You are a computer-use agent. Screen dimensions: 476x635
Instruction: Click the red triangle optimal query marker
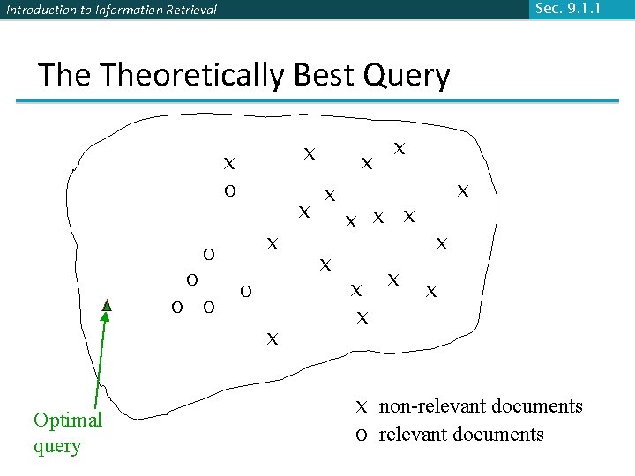tap(107, 305)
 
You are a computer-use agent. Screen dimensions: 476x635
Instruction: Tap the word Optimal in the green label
tap(68, 420)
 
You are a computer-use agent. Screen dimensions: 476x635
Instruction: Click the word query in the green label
tap(57, 446)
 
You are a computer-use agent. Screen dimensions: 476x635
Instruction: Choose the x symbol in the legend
tap(361, 407)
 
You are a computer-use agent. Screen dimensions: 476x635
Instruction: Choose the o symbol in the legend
tap(361, 435)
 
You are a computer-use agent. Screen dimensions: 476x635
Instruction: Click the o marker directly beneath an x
tap(229, 190)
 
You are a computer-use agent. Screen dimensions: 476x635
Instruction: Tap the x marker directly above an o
tap(229, 163)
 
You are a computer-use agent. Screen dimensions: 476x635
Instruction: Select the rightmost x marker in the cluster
tap(462, 190)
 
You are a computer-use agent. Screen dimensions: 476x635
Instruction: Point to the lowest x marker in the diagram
tap(273, 338)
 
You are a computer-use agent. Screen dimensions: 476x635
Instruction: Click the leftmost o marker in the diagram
tap(176, 307)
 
